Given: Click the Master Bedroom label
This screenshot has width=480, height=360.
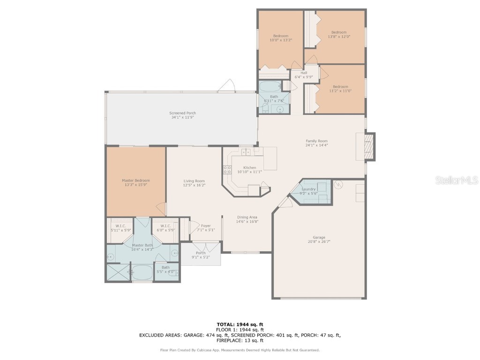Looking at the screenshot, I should click(136, 180).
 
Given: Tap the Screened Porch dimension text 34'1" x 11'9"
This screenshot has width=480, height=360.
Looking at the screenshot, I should click(182, 118).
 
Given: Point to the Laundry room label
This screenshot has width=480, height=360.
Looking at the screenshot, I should click(308, 189).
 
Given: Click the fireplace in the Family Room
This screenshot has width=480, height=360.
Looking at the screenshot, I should click(369, 147).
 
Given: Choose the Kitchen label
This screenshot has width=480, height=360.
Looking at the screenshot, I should click(249, 168).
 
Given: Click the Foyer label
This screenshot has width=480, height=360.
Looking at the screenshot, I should click(206, 226).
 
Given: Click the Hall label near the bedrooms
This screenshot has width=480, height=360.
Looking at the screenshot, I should click(304, 73).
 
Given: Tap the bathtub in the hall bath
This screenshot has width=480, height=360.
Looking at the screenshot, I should click(269, 87).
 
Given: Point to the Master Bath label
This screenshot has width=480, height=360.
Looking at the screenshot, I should click(142, 245).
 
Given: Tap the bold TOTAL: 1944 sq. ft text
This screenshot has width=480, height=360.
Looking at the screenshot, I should click(240, 324).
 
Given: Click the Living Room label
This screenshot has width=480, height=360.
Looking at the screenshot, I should click(194, 181).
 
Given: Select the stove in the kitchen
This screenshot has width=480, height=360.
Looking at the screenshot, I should click(228, 170).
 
